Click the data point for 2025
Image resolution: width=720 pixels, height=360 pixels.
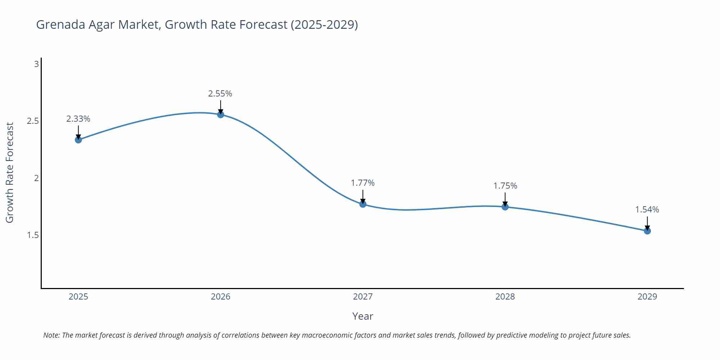click(x=78, y=140)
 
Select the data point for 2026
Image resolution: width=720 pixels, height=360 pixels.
click(x=221, y=114)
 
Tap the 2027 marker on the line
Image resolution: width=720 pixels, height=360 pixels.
click(x=363, y=204)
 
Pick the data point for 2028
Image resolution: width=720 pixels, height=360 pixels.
click(x=505, y=207)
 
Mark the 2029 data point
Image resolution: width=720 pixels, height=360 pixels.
click(x=647, y=231)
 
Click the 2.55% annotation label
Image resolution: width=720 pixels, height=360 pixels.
click(x=220, y=94)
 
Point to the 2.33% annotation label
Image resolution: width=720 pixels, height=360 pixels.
click(x=78, y=119)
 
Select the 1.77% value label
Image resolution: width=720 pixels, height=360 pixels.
click(x=363, y=183)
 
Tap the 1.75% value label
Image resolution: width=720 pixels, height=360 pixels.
click(x=505, y=186)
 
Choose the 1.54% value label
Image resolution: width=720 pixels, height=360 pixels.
click(x=647, y=210)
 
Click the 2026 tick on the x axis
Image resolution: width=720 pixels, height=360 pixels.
click(x=221, y=297)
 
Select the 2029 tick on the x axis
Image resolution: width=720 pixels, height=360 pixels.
click(x=647, y=297)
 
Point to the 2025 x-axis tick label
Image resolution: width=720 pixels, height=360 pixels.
click(x=78, y=297)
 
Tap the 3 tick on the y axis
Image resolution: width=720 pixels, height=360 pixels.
click(x=36, y=64)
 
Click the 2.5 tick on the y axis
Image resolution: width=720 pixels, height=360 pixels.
click(x=33, y=121)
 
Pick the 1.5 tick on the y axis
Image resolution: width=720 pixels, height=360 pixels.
click(x=33, y=235)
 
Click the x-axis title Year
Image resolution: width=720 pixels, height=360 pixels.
click(x=363, y=316)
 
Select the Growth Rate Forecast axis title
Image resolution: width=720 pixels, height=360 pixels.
click(x=10, y=172)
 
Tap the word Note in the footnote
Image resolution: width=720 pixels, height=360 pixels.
click(x=51, y=335)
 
